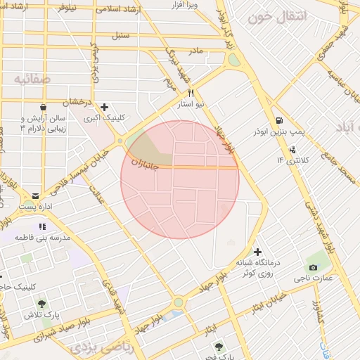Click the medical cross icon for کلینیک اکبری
104,108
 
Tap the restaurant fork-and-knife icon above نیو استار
191,93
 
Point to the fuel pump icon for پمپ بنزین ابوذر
280,120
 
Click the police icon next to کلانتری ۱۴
292,149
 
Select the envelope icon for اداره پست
36,195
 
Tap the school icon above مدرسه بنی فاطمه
42,226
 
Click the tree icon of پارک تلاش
41,304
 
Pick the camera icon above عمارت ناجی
313,267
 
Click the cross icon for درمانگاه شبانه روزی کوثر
258,252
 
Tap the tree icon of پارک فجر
219,347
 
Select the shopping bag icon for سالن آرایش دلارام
43,108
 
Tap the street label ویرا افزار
184,6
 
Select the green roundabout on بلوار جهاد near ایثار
179,302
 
